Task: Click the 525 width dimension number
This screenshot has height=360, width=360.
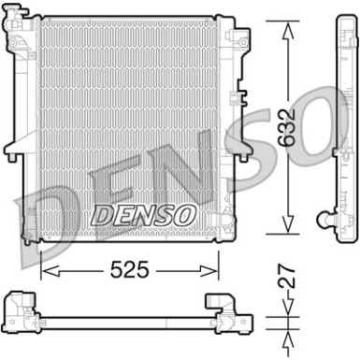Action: point(129,269)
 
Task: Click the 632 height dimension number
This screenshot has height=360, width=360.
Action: point(286,127)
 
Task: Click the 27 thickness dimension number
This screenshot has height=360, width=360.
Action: point(286,277)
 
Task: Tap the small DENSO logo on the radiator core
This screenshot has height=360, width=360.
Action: point(143,215)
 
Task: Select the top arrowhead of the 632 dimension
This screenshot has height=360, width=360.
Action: point(288,31)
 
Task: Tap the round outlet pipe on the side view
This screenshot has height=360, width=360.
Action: point(324,219)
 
